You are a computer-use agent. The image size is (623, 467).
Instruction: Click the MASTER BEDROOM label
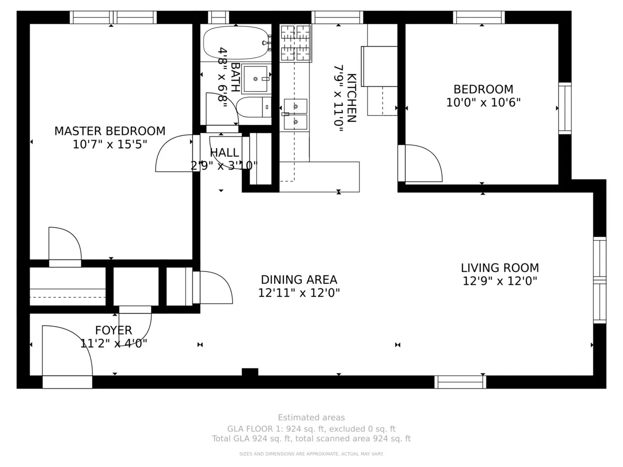[x=110, y=131]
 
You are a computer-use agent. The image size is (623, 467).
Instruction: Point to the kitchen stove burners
[x=295, y=43]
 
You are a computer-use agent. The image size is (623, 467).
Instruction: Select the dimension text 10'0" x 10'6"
[x=483, y=103]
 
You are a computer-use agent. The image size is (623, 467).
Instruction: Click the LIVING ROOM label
[x=499, y=268]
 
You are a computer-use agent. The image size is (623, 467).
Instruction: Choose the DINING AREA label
[x=299, y=280]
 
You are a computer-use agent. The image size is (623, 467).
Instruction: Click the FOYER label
[x=113, y=330]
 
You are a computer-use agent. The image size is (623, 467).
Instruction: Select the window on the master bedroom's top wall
[x=113, y=18]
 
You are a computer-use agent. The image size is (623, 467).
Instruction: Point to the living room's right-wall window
[x=599, y=280]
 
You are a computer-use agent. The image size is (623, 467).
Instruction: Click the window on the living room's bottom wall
[x=460, y=382]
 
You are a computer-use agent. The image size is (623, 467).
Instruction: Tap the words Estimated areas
[x=311, y=417]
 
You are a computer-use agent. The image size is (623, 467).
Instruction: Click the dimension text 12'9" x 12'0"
[x=499, y=281]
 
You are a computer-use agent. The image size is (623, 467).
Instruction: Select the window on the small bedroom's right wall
[x=564, y=108]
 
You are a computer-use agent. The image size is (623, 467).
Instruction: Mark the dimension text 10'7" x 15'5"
[x=110, y=145]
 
